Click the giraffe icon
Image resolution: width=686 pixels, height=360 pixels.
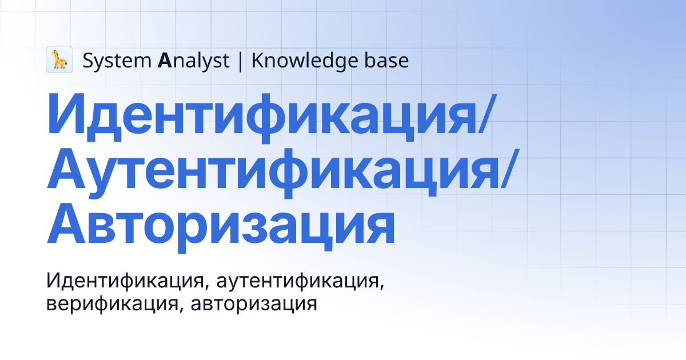59,59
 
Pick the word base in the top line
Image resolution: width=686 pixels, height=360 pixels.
388,60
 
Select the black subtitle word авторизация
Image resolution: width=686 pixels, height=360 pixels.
254,303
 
